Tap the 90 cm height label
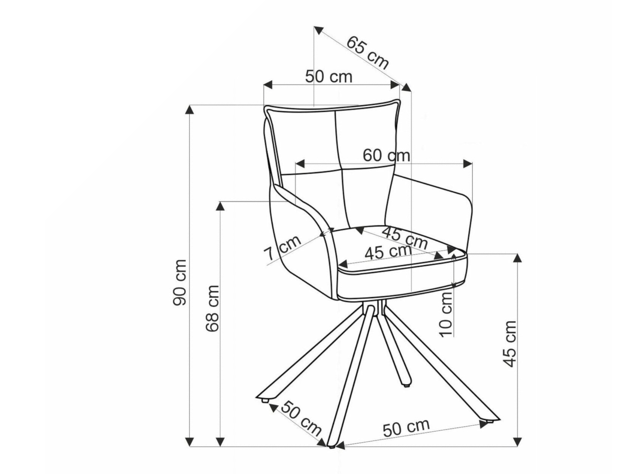click(180, 282)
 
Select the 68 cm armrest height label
click(212, 309)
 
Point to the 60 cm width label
click(386, 155)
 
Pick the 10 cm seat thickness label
click(446, 314)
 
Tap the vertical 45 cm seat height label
click(509, 344)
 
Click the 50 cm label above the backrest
click(328, 77)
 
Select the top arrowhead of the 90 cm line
click(190, 110)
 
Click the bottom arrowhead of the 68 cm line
click(220, 442)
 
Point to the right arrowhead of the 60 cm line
click(468, 164)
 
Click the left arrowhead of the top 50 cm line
click(267, 85)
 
